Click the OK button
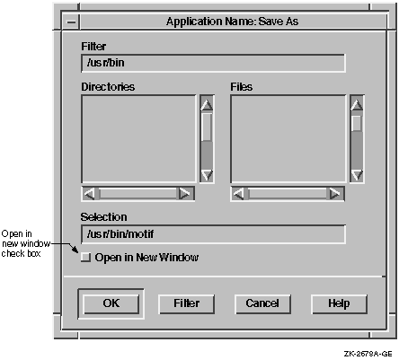pos(111,303)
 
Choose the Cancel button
pos(262,303)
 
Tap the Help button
pos(339,303)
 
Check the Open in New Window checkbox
pos(85,258)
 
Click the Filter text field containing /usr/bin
pos(213,63)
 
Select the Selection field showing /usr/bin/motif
pos(213,234)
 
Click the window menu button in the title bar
pos(71,22)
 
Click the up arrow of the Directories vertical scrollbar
pos(207,104)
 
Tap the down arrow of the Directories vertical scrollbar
pos(207,175)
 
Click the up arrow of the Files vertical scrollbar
pos(357,104)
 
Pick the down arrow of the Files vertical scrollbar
pos(357,175)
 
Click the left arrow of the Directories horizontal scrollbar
pos(89,194)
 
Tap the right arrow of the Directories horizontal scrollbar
pos(184,194)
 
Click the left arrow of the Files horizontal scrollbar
pos(239,194)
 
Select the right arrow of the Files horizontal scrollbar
pos(335,194)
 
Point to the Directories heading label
pos(108,87)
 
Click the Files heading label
pos(242,87)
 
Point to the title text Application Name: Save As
pos(232,22)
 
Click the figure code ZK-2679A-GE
pos(368,354)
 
